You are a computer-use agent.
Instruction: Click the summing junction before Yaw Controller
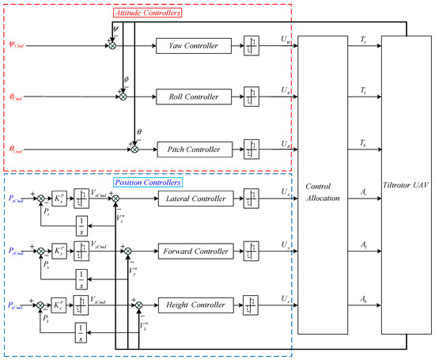tap(112, 46)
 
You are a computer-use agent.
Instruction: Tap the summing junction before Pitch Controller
tap(134, 148)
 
